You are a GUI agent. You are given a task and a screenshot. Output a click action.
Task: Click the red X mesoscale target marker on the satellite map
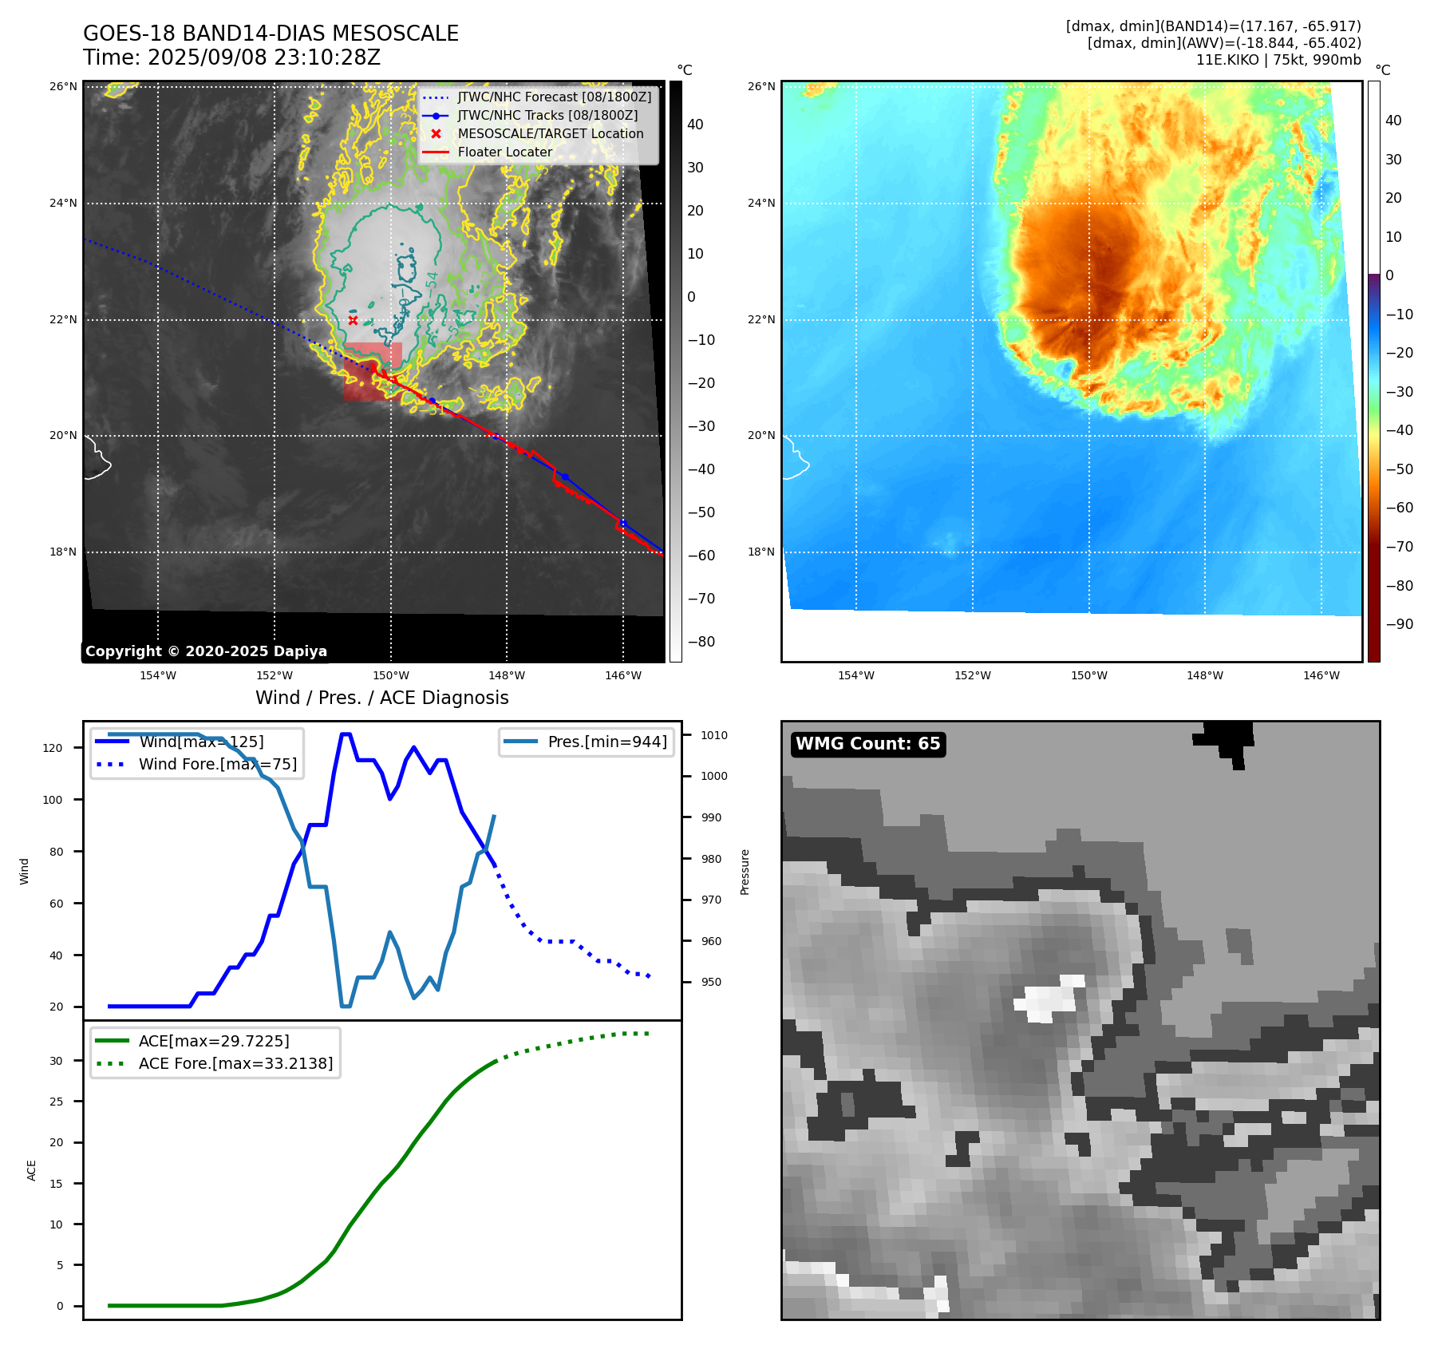coord(353,320)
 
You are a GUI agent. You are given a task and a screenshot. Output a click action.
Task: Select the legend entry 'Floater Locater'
coord(504,152)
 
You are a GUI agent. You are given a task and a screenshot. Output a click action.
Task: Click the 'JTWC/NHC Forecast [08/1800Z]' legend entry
coord(554,97)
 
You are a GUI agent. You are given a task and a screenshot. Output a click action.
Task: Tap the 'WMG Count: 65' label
coord(867,744)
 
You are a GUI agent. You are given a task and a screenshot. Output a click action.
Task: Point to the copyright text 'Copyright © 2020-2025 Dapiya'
coord(206,651)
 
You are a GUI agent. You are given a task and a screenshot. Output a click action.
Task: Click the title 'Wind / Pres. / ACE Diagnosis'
coord(381,698)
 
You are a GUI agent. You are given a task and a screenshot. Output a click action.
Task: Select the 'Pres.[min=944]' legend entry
coord(606,742)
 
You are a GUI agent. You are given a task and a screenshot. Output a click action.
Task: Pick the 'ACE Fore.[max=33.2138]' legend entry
coord(235,1063)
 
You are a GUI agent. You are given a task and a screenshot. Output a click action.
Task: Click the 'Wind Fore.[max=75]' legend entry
coord(217,764)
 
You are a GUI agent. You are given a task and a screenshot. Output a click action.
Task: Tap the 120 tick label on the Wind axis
coord(53,748)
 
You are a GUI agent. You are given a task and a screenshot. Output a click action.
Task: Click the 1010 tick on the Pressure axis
coord(713,735)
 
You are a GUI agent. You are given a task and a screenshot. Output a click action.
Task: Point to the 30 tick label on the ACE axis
coord(56,1061)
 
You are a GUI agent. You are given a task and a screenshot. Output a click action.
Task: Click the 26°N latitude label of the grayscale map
coord(63,86)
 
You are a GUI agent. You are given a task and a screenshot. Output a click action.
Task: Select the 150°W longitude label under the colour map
coord(1088,675)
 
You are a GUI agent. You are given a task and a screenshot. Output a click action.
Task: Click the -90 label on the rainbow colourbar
coord(1399,624)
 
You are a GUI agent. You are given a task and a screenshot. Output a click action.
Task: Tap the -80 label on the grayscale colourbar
coord(701,642)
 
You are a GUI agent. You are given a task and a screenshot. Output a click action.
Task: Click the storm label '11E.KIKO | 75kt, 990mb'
coord(1278,60)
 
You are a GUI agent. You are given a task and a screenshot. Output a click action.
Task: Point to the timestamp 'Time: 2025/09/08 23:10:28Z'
coord(231,57)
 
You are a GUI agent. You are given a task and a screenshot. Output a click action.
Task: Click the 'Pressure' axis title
coord(745,872)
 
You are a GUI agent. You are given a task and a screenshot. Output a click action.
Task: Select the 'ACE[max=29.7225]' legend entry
coord(213,1041)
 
